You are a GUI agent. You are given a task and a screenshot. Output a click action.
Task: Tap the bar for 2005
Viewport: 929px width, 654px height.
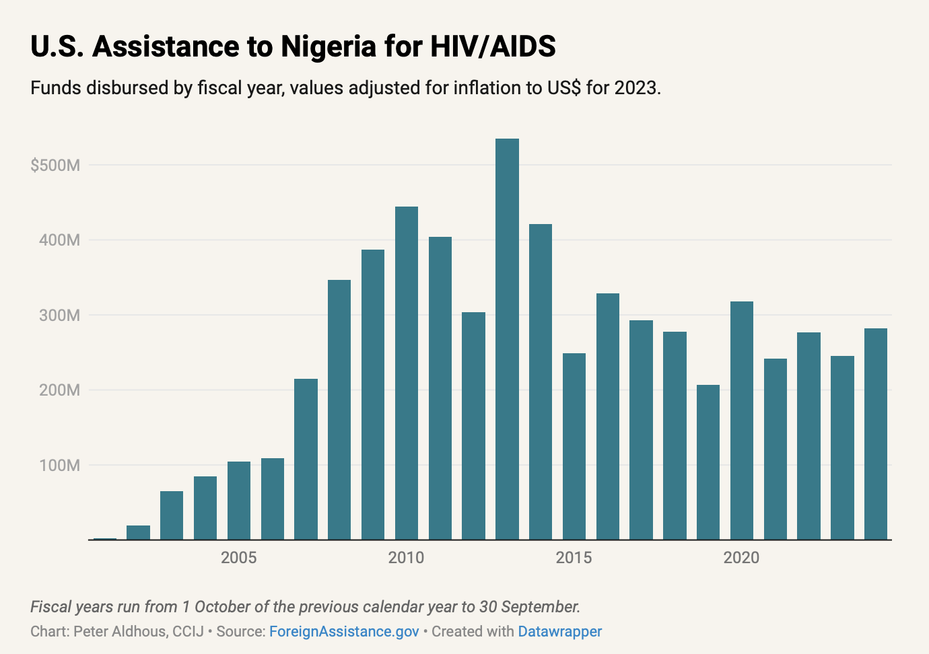[239, 501]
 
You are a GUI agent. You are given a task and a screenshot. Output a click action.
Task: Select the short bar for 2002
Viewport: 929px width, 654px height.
[138, 532]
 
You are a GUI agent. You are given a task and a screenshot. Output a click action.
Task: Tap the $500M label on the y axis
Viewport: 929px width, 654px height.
[55, 166]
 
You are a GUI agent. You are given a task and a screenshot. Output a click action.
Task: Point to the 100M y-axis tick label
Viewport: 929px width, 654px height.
[59, 466]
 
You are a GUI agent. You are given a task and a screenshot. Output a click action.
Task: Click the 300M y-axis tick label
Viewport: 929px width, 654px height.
[59, 316]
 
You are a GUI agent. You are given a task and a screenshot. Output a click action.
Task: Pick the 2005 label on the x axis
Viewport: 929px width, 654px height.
[239, 558]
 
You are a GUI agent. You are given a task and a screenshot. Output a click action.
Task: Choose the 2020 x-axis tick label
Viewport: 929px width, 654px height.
[741, 558]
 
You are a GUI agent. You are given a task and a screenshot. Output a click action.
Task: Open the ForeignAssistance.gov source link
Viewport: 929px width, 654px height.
[344, 632]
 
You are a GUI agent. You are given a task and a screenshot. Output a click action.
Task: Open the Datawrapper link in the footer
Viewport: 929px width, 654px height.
[560, 632]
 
